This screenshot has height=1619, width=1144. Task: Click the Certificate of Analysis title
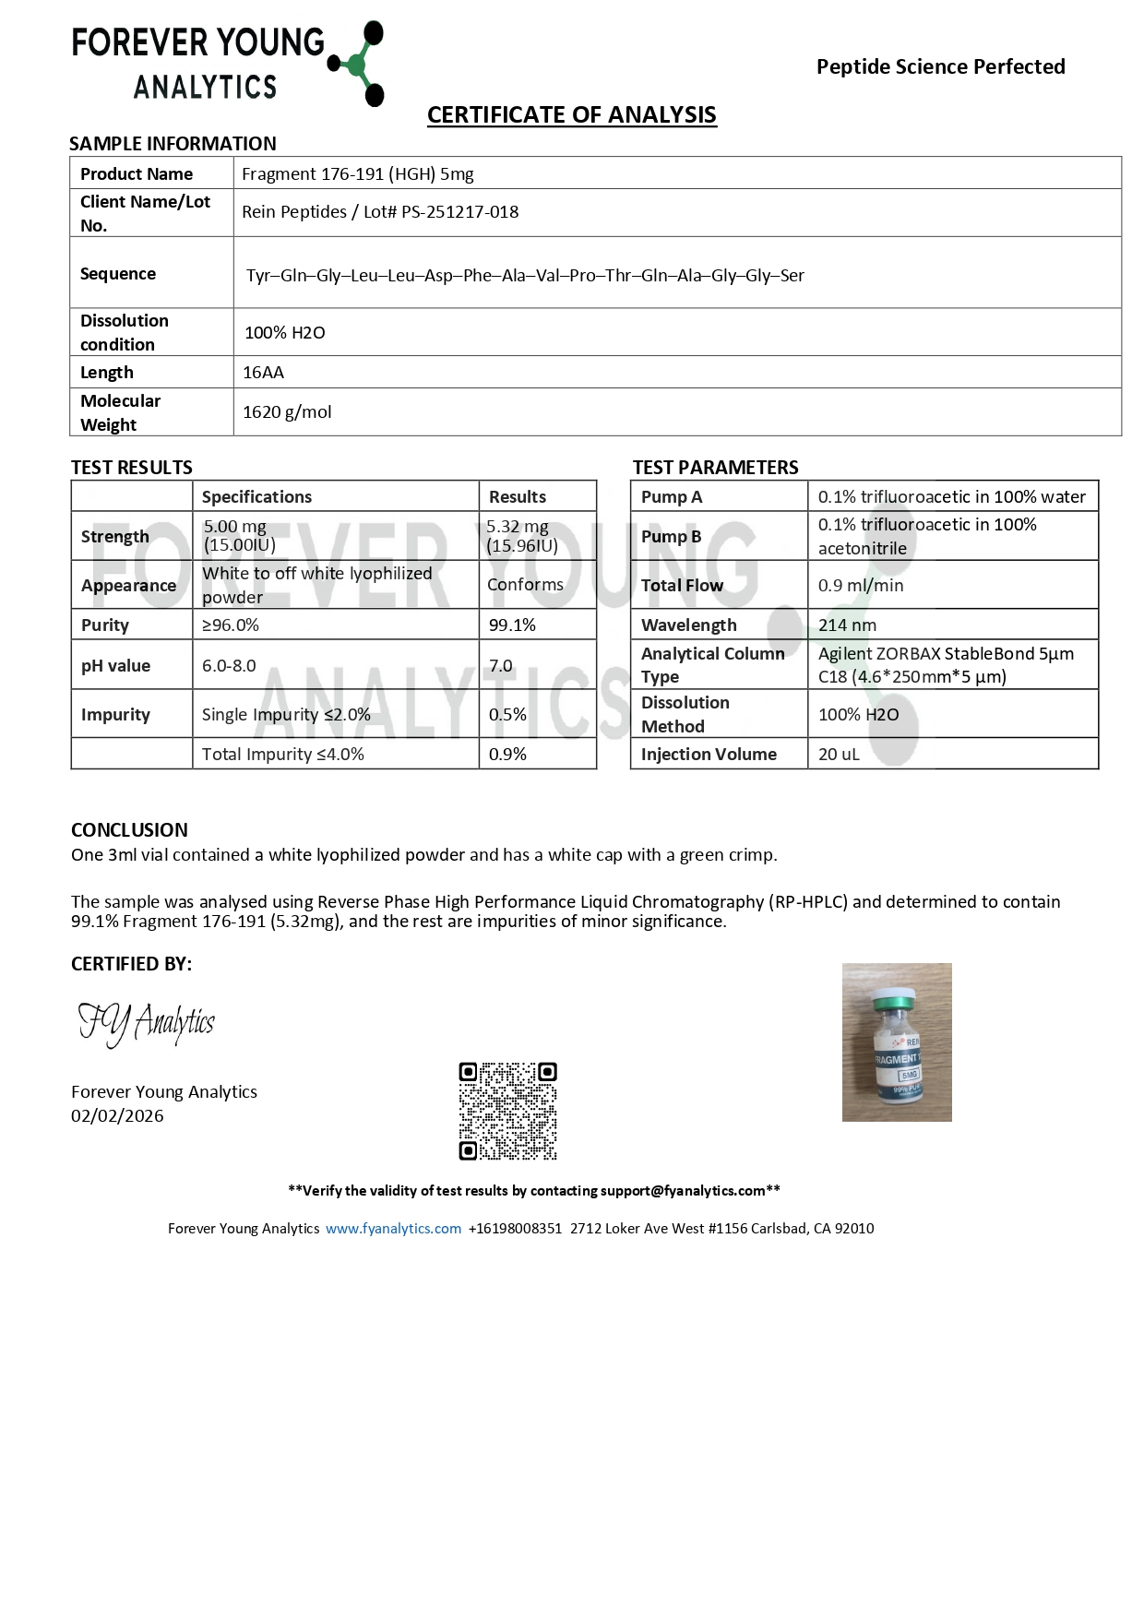pos(571,115)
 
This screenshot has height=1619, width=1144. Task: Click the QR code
pos(507,1111)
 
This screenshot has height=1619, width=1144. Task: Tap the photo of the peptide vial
pos(897,1042)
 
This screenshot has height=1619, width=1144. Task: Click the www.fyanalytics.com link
pos(393,1229)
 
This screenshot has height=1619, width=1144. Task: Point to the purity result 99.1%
pos(512,625)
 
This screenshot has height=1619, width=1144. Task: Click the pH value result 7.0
pos(500,666)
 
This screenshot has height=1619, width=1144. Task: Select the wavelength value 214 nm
pos(847,625)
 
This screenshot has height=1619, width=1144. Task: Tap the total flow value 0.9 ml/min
pos(860,586)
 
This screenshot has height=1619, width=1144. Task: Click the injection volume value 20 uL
pos(839,755)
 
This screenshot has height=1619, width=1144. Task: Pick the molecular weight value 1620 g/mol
pos(287,412)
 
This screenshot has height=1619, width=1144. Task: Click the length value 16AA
pos(263,373)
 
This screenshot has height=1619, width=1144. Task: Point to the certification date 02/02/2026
pos(117,1116)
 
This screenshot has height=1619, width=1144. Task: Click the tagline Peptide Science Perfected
pos(940,66)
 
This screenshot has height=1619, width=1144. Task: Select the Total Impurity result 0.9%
pos(507,755)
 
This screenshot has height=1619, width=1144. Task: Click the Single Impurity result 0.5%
pos(507,715)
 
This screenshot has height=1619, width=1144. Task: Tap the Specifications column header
pos(256,497)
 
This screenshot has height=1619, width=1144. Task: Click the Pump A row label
pos(672,497)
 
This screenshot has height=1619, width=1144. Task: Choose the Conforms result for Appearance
pos(525,585)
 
